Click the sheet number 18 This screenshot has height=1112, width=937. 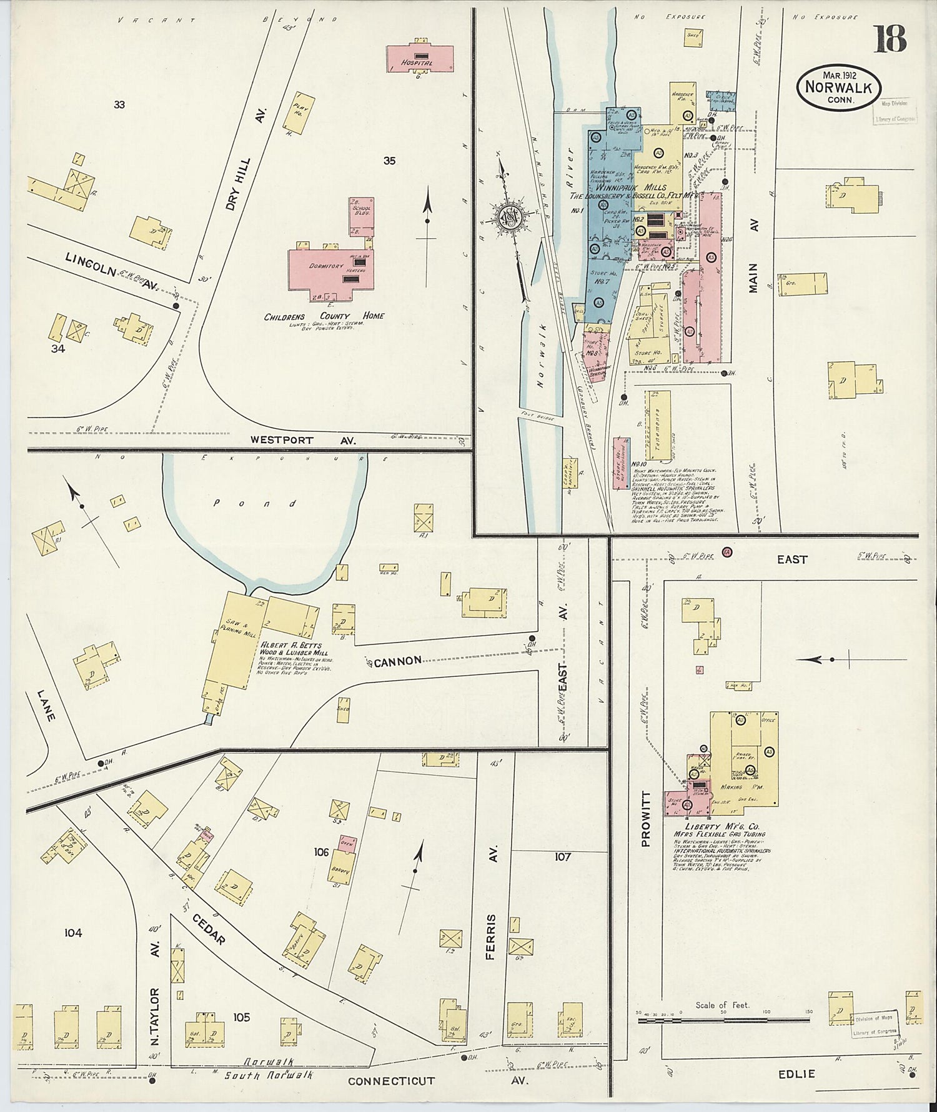point(890,39)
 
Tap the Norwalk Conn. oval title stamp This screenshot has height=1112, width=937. point(838,88)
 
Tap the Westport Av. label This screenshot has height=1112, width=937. point(302,440)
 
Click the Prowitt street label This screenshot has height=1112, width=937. point(645,818)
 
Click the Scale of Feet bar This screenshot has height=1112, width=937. point(723,1020)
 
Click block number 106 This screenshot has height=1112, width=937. point(321,851)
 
